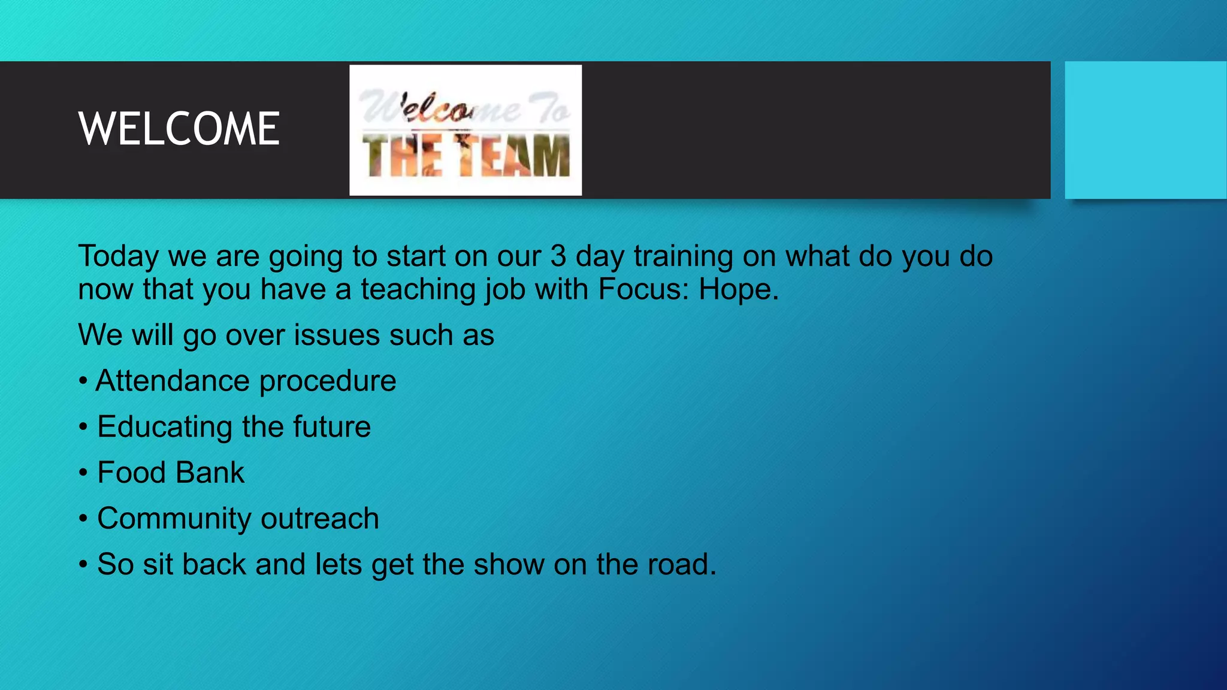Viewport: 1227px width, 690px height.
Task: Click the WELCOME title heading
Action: pyautogui.click(x=179, y=129)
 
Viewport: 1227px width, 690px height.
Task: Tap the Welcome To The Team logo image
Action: pyautogui.click(x=466, y=130)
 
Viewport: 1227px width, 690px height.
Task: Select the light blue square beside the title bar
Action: pyautogui.click(x=1145, y=130)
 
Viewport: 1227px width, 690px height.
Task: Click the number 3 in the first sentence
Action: pyautogui.click(x=558, y=256)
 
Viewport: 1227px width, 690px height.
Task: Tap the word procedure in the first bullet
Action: pyautogui.click(x=328, y=381)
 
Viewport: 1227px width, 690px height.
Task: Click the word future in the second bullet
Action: pyautogui.click(x=332, y=427)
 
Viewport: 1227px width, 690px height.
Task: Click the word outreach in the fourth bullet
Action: pyautogui.click(x=320, y=519)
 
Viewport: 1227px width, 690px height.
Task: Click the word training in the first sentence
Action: pyautogui.click(x=684, y=256)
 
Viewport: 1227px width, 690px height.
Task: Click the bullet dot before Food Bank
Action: pyautogui.click(x=83, y=473)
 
